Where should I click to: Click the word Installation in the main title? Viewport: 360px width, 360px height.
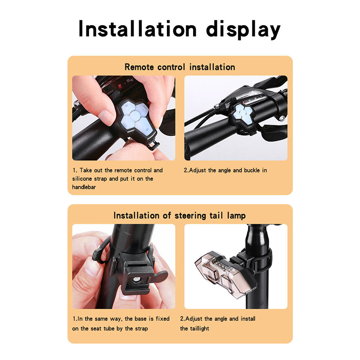click(138, 29)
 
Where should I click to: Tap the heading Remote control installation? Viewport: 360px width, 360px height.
click(180, 67)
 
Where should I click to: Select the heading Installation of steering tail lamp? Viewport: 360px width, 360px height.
click(180, 216)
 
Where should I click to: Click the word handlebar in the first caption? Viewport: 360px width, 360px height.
click(84, 187)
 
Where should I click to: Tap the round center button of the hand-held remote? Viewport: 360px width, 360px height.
click(134, 115)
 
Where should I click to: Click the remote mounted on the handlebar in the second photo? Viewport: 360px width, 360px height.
click(242, 115)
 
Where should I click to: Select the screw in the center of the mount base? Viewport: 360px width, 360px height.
click(137, 279)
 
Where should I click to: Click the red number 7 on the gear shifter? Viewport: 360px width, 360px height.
click(119, 86)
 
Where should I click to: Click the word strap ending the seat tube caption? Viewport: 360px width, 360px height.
click(141, 329)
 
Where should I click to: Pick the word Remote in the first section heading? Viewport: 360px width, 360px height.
click(139, 67)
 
